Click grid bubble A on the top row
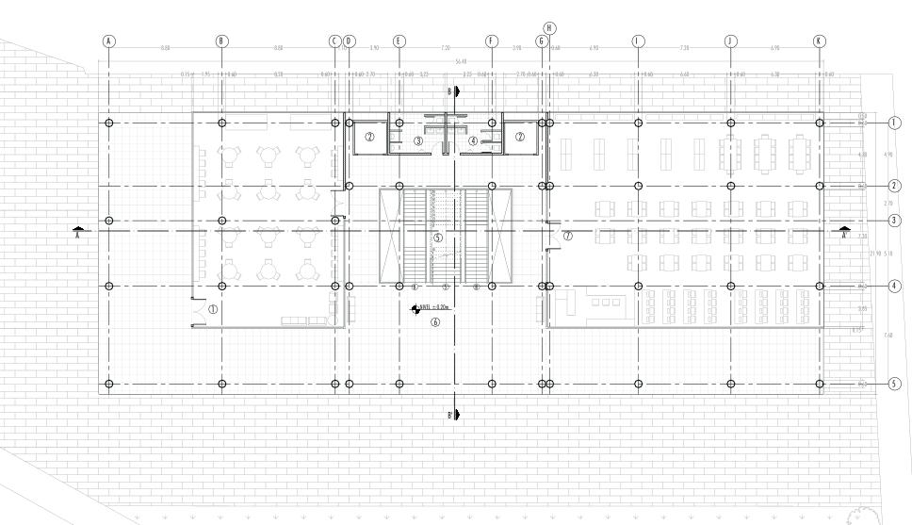coord(109,41)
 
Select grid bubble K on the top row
coord(819,41)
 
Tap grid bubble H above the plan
coord(549,28)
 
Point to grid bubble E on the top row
coord(399,41)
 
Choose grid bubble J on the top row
coord(730,41)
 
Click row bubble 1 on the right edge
coord(894,123)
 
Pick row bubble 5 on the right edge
coord(894,384)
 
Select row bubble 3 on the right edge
coord(894,221)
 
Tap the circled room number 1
coord(213,308)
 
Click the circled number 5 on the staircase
coord(437,238)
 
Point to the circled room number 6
coord(435,321)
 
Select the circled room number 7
coord(567,236)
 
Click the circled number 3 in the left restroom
coord(417,141)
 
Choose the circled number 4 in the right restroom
coord(472,141)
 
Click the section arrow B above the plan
coord(455,91)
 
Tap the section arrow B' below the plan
coord(455,414)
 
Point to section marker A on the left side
coord(81,230)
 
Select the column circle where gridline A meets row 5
coord(109,384)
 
